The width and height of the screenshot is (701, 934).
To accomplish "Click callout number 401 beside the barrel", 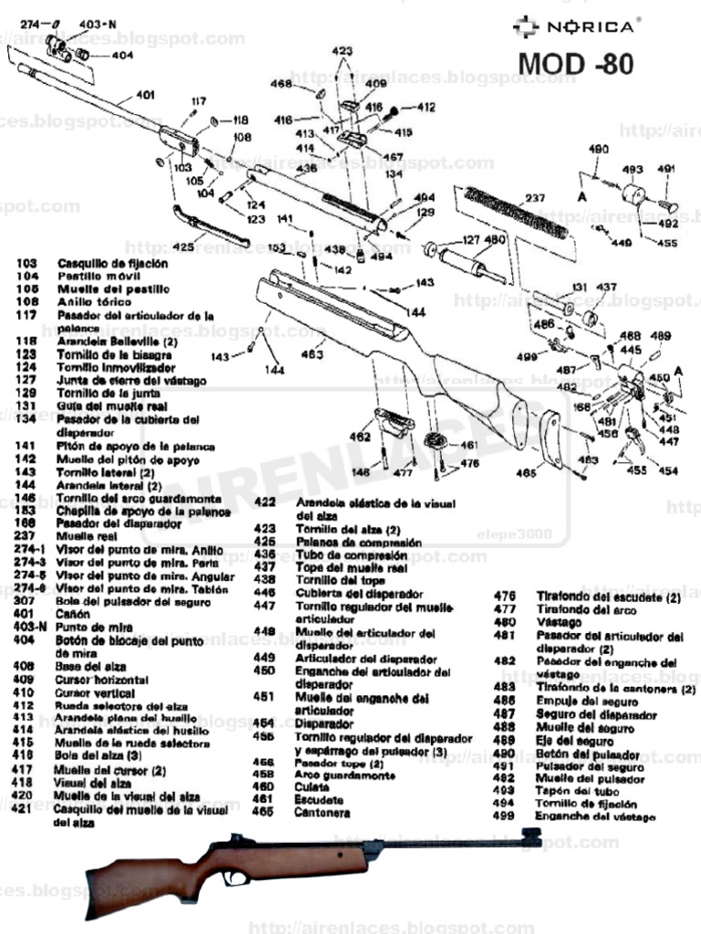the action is point(145,95).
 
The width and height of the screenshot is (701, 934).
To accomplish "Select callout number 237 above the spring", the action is point(535,198).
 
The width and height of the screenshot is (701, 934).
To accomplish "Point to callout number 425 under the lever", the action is point(183,246).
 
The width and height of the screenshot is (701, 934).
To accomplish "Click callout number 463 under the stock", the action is point(313,354).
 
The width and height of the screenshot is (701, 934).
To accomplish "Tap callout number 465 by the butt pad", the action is point(524,472).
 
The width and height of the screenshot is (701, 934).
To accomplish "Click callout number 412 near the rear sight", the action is point(426,108).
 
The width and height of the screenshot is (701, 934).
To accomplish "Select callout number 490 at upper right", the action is point(598,149).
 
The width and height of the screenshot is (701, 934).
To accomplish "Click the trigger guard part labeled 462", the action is point(394,424).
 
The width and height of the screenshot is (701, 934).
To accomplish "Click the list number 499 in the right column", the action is point(505,815).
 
